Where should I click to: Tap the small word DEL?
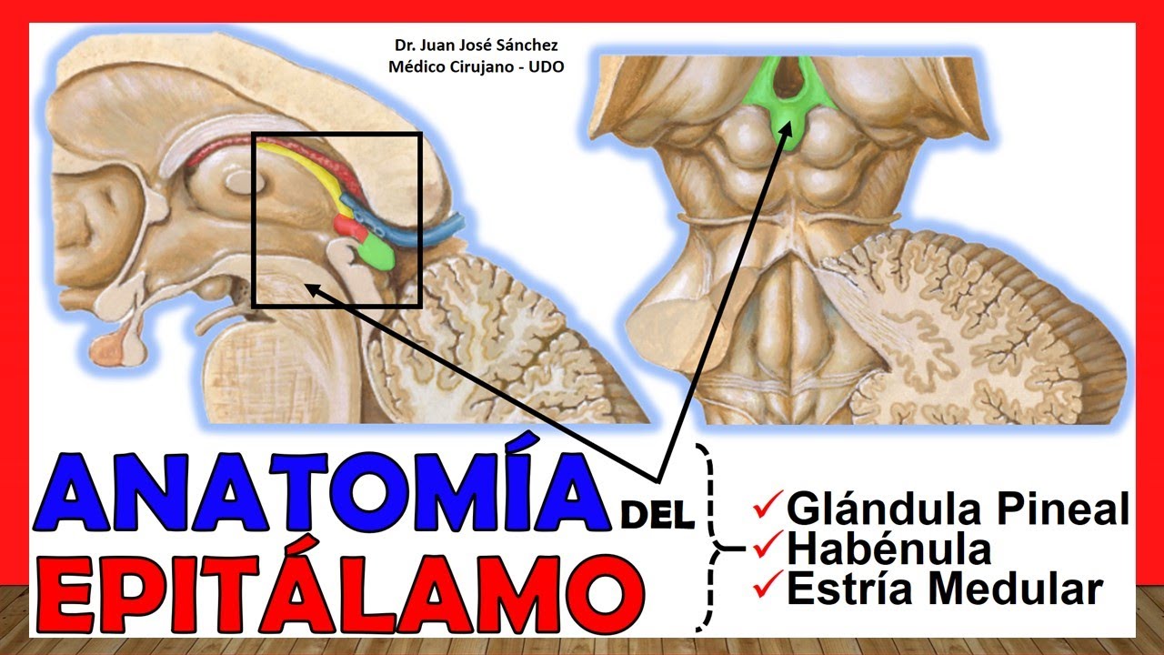[x=657, y=514]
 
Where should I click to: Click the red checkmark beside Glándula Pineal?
[x=768, y=504]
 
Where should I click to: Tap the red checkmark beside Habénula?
[x=768, y=544]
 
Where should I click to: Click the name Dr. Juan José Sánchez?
[x=476, y=45]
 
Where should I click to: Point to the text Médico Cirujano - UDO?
[x=476, y=67]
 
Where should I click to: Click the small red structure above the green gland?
[x=349, y=227]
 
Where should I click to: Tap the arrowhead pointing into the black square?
[x=315, y=289]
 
